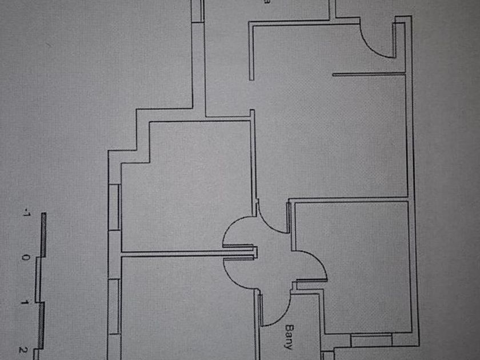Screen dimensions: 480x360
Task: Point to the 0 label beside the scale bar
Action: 25,258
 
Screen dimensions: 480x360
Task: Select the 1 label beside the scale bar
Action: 25,302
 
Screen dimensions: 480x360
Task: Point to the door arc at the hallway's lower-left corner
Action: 234,273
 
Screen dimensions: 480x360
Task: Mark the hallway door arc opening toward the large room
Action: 273,220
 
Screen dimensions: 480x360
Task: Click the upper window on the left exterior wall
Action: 114,207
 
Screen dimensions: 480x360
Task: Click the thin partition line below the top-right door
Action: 368,74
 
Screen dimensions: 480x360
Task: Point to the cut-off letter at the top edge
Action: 266,2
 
